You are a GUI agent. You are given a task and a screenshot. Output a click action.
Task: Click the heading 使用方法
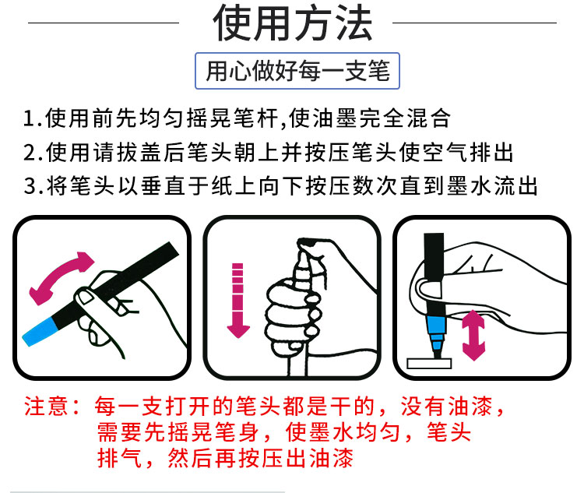coord(293,23)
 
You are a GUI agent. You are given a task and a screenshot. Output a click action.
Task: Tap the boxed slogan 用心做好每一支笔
coord(297,71)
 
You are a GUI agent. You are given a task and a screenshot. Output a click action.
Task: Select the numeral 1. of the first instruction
coord(33,118)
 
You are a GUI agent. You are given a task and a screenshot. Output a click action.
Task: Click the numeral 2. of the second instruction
coord(33,153)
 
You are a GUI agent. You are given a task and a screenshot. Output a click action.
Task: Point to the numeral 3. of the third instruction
coord(33,186)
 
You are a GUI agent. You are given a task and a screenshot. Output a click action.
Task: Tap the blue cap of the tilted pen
coord(40,332)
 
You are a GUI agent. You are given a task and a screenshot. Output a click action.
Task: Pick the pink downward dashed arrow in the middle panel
coord(238,301)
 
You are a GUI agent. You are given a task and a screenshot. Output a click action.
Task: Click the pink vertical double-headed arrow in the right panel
coord(473,335)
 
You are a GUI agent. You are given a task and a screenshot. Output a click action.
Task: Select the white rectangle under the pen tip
coord(429,363)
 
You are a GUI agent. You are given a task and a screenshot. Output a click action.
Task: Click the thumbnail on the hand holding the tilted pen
coord(86,297)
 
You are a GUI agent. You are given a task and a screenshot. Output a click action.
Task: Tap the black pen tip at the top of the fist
coord(308,243)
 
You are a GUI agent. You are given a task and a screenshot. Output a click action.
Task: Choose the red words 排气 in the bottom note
coord(120,458)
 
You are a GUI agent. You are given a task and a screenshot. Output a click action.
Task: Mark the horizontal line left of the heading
coord(104,23)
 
